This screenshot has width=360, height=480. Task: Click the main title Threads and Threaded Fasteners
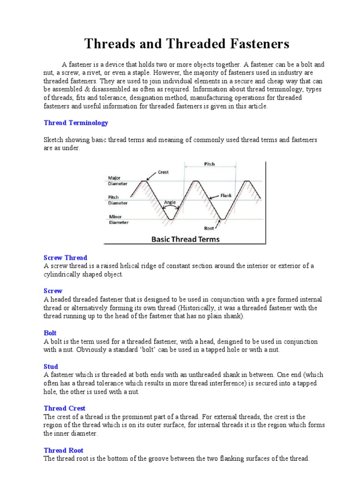pos(187,44)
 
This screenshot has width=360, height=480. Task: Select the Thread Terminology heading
pos(76,123)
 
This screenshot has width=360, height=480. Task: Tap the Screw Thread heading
pos(65,258)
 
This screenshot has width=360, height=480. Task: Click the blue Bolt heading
pos(50,333)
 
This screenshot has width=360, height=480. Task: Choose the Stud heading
pos(51,367)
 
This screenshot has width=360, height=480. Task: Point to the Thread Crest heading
pos(65,408)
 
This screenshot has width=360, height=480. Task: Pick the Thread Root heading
pos(64,450)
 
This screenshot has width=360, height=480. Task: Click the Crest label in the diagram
pos(163,172)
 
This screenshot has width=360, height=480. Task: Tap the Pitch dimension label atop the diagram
pos(210,165)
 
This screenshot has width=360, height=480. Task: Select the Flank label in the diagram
pos(226,195)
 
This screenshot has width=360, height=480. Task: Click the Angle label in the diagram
pos(170,202)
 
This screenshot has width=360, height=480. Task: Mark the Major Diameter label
pos(117,181)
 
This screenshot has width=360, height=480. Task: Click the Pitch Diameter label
pos(117,200)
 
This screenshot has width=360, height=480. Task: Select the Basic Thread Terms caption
pos(185,239)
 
